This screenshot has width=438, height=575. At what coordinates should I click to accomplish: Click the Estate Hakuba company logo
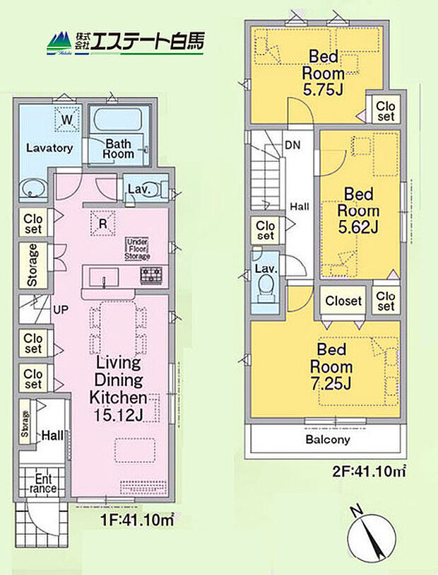point(125,43)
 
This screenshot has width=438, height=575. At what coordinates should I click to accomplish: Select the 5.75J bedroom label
point(323,73)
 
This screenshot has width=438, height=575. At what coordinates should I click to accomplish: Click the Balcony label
point(327,439)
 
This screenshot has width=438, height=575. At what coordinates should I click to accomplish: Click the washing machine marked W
point(66,120)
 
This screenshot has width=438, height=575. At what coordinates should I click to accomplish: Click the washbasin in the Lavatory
point(32,190)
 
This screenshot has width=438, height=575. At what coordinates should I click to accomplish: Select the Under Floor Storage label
point(138,249)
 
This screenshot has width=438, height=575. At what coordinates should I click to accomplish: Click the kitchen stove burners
point(151,275)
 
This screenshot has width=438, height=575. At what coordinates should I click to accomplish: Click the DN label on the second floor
point(291,145)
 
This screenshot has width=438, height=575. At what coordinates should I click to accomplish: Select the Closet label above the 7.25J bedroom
point(343,301)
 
